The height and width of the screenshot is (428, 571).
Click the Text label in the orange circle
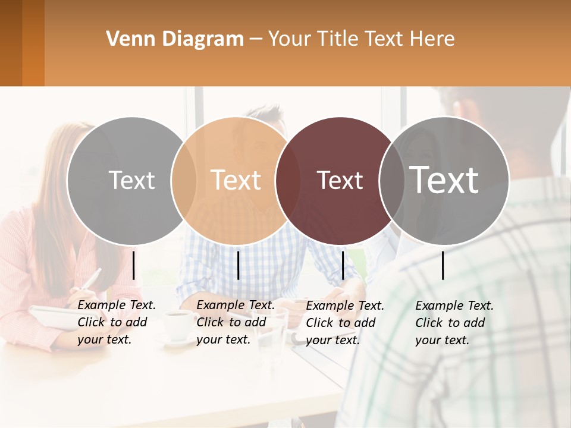pyautogui.click(x=236, y=180)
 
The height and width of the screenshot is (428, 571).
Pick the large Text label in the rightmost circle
pyautogui.click(x=444, y=180)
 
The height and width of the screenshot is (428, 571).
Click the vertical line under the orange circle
pyautogui.click(x=238, y=265)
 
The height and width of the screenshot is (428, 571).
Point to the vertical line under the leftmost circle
pyautogui.click(x=134, y=265)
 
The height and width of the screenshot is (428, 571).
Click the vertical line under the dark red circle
pyautogui.click(x=343, y=265)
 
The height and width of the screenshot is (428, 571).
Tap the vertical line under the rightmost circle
pyautogui.click(x=443, y=265)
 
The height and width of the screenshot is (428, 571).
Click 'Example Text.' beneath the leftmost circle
pyautogui.click(x=117, y=305)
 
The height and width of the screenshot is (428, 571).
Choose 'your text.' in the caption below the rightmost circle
pyautogui.click(x=442, y=340)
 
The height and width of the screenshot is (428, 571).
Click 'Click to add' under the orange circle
pyautogui.click(x=231, y=322)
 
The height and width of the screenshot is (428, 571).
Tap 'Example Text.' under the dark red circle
pyautogui.click(x=345, y=306)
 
